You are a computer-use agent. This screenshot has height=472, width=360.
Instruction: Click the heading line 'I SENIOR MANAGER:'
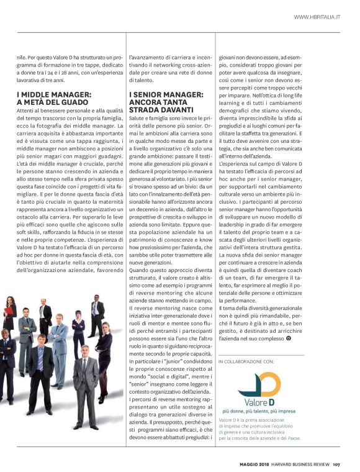click(166, 94)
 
